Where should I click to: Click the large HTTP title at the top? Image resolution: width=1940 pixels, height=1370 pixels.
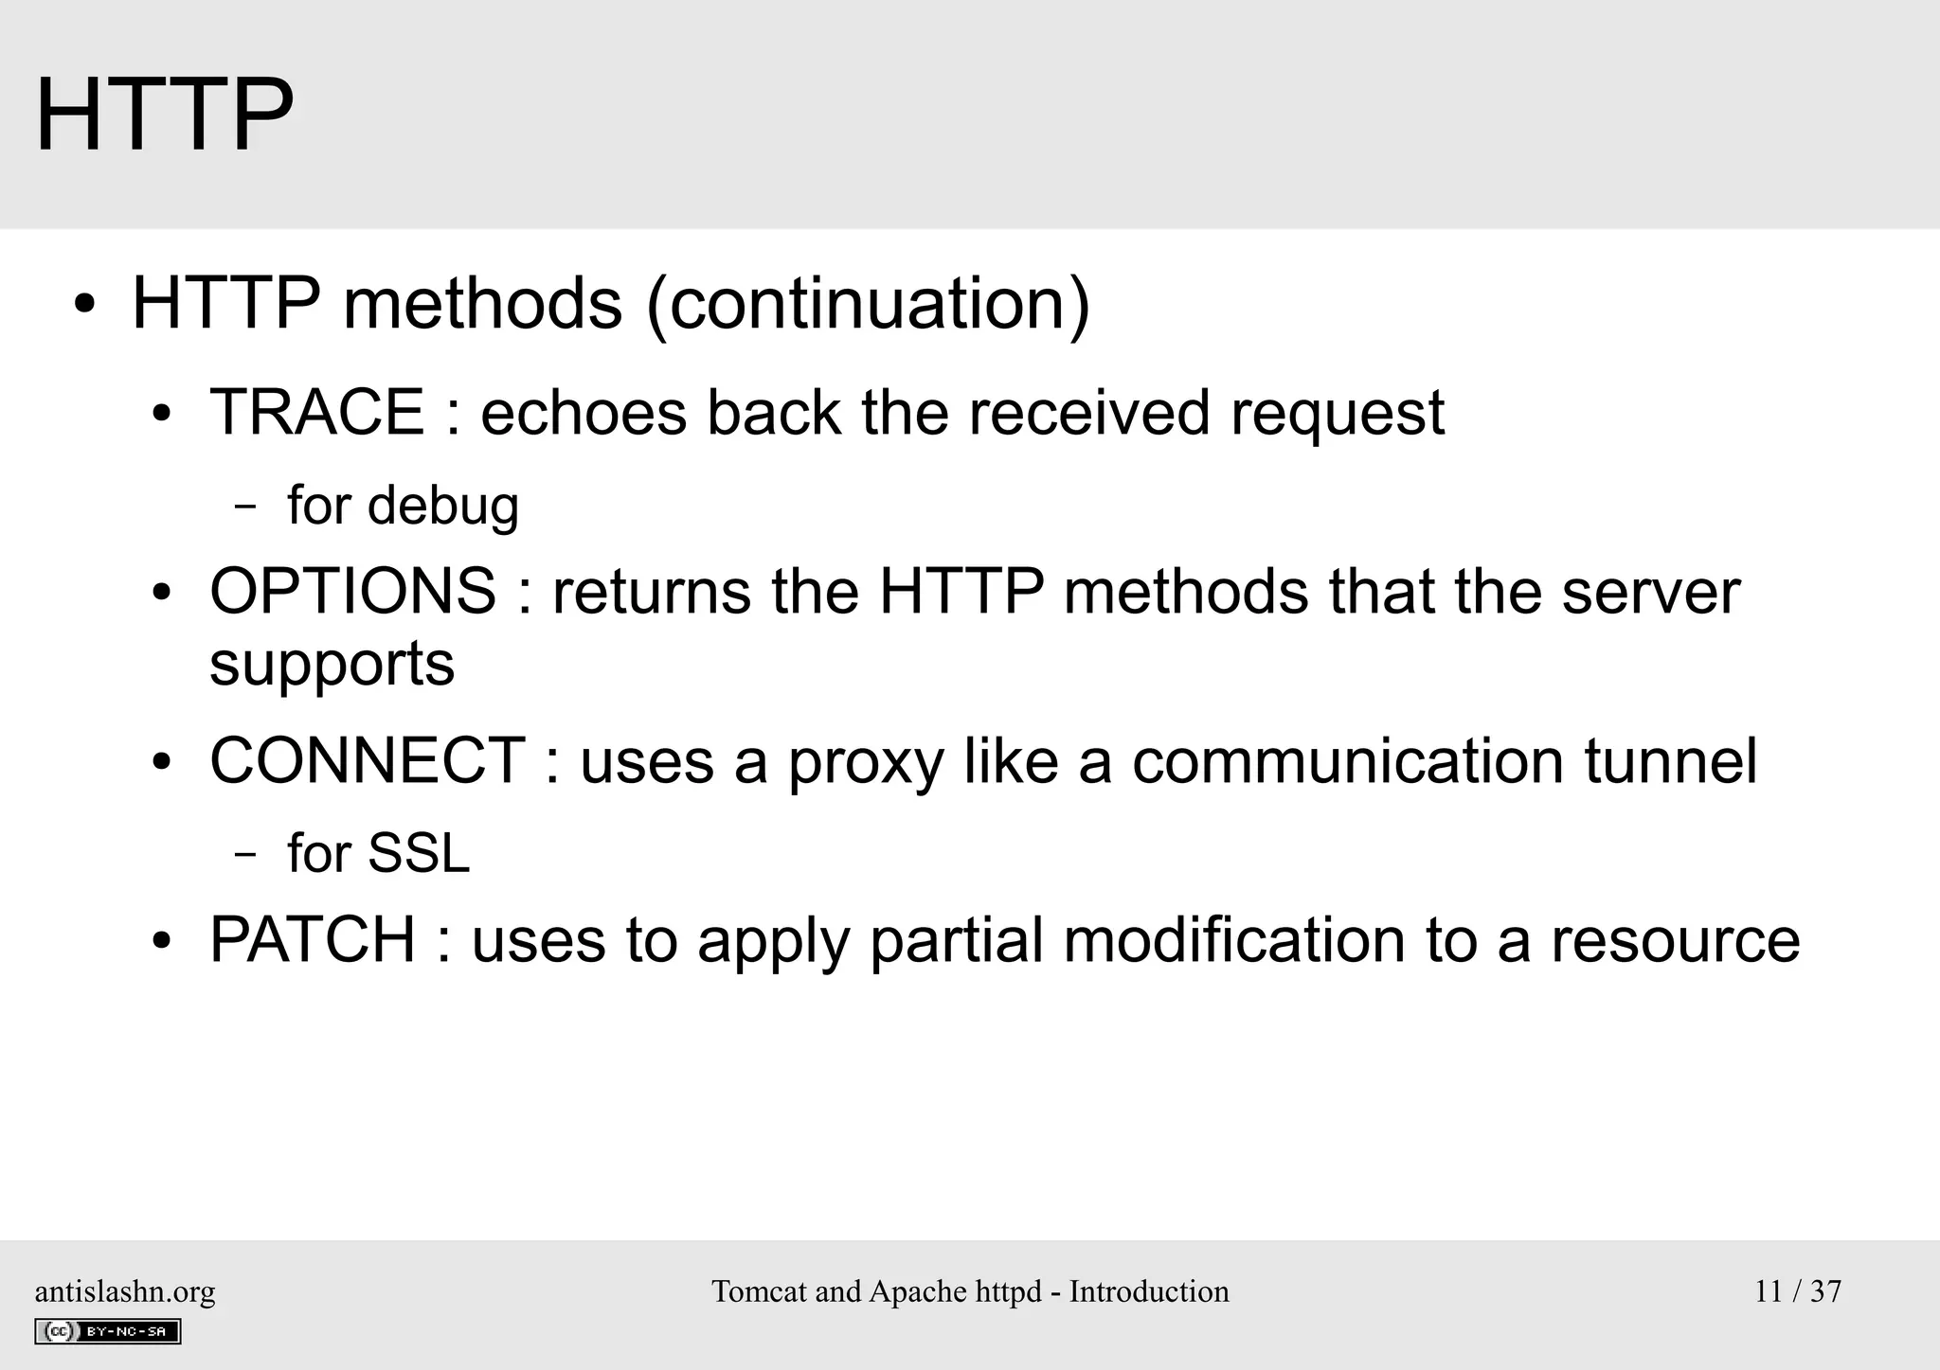coord(164,116)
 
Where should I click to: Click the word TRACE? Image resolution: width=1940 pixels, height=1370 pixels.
coord(316,413)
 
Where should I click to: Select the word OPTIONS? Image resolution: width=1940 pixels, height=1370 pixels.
coord(352,591)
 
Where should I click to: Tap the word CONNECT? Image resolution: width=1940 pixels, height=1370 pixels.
coord(368,760)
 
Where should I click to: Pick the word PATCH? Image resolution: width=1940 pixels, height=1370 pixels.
coord(312,939)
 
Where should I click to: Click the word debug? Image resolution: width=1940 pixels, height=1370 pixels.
coord(442,506)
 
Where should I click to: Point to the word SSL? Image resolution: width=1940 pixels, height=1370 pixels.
coord(418,853)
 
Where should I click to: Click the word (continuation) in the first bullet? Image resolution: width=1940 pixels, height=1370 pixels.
coord(868,304)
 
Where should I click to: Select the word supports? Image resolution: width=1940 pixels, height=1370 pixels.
coord(332,663)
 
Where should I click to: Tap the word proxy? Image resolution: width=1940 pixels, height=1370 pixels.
coord(866,762)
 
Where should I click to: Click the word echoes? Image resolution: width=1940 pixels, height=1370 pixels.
coord(584,413)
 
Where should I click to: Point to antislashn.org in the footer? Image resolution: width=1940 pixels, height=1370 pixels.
coord(124,1291)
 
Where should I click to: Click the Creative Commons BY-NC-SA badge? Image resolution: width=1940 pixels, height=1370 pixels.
coord(107,1331)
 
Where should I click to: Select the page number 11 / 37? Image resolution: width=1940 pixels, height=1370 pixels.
coord(1797,1291)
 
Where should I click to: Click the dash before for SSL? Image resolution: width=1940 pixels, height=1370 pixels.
coord(244,854)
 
